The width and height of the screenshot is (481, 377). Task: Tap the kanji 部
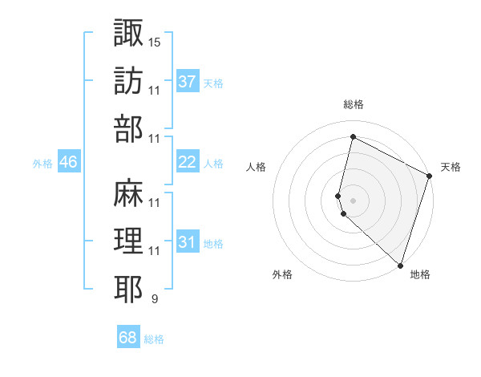pos(129,128)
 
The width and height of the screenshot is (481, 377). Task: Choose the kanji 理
pos(129,241)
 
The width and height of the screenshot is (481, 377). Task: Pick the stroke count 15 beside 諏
pos(155,41)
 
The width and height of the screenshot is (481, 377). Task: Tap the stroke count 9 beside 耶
pos(154,300)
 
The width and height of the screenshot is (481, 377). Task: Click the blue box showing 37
pos(188,82)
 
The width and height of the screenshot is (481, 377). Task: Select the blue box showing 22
pos(188,162)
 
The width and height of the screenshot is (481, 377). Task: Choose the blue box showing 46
pos(68,162)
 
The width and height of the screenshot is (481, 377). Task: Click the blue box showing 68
pos(128,338)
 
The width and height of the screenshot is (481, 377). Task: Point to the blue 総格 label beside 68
pos(154,339)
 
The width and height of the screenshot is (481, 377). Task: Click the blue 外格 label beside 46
pos(42,163)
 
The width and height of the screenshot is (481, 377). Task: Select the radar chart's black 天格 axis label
pos(451,167)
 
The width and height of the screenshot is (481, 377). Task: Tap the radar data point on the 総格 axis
pos(353,137)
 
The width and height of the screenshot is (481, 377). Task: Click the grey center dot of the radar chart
pos(353,200)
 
